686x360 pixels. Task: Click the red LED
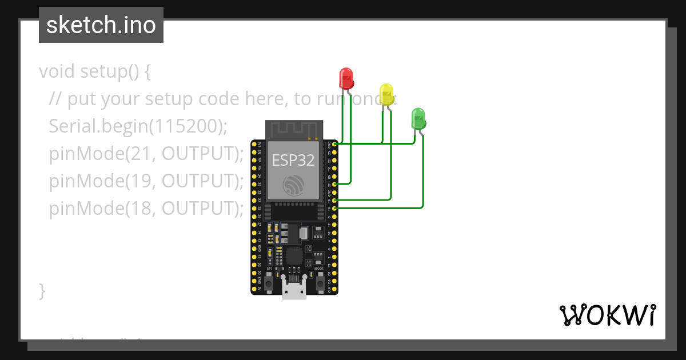tap(346, 77)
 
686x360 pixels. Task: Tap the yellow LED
tap(386, 94)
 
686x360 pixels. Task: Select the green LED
tap(418, 118)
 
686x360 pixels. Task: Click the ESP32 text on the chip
tap(293, 160)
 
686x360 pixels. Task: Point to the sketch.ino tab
tap(101, 25)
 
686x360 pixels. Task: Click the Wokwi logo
tap(607, 315)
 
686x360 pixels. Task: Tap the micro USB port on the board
tap(294, 290)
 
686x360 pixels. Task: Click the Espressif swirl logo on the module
tap(294, 184)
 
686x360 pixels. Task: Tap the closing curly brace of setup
tap(42, 291)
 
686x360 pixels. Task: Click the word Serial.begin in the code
tap(97, 126)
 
